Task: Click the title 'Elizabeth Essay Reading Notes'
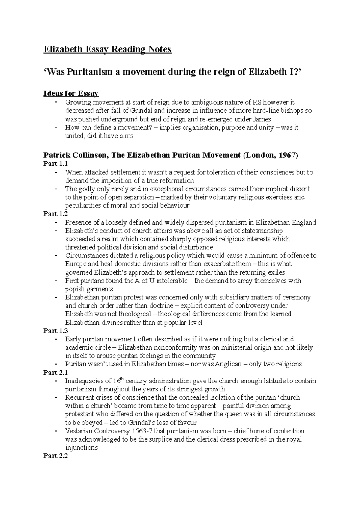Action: pyautogui.click(x=107, y=49)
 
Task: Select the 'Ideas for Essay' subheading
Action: pyautogui.click(x=71, y=94)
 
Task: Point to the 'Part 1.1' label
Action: pyautogui.click(x=56, y=164)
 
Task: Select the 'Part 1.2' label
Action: pyautogui.click(x=56, y=214)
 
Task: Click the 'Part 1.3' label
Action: pyautogui.click(x=56, y=331)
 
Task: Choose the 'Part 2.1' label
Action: pyautogui.click(x=56, y=373)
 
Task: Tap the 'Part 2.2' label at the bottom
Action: pyautogui.click(x=56, y=456)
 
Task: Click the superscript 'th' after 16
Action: pyautogui.click(x=121, y=379)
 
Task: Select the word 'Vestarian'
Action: pyautogui.click(x=79, y=431)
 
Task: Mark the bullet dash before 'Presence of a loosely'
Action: pyautogui.click(x=56, y=222)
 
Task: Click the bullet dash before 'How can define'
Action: pyautogui.click(x=56, y=127)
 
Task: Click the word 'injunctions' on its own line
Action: pyautogui.click(x=81, y=448)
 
